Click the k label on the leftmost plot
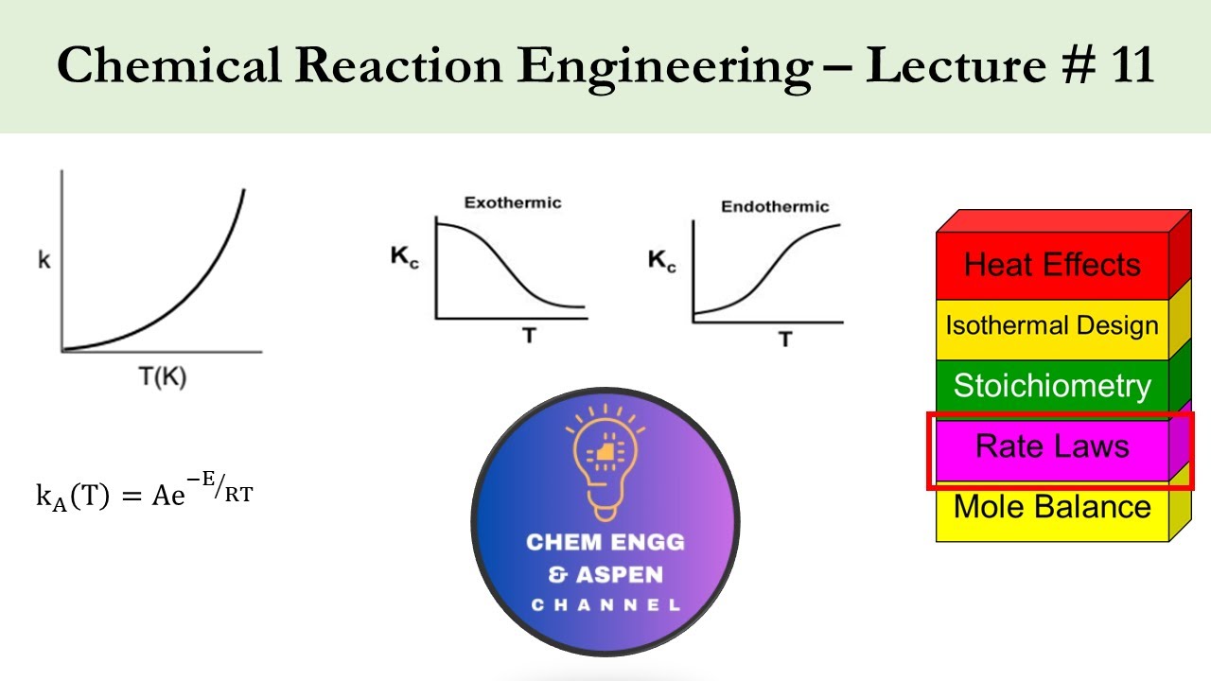coord(44,260)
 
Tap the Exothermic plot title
coord(512,202)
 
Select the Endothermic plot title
coord(775,206)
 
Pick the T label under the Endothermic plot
coord(785,339)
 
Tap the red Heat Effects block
coord(1052,265)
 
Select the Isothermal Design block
coord(1052,326)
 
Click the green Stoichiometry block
coord(1052,386)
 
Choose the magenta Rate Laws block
coord(1052,446)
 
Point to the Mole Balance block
coord(1052,507)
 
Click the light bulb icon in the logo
coord(605,460)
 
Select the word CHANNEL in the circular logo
coord(605,605)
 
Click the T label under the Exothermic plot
coord(528,335)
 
